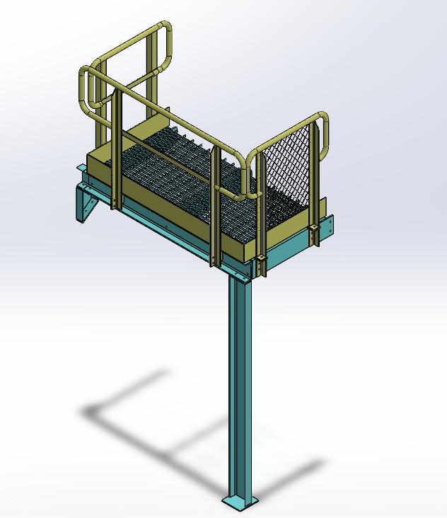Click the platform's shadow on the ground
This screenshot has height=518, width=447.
point(177,439)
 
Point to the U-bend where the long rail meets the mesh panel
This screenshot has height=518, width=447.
point(247,177)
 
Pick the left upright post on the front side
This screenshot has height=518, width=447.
point(117,152)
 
